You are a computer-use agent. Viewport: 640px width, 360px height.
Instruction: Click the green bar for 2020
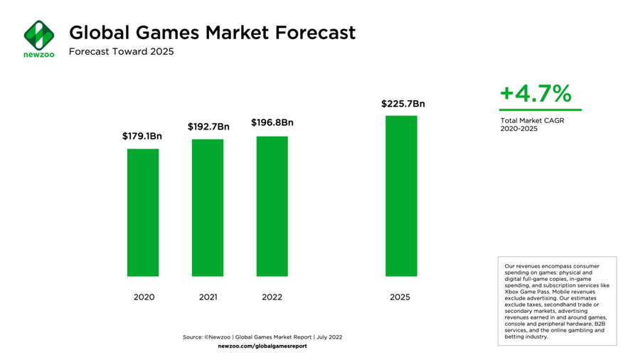pyautogui.click(x=143, y=212)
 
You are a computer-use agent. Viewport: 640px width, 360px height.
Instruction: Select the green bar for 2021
pyautogui.click(x=208, y=207)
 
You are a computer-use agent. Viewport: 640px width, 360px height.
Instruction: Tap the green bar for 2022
pyautogui.click(x=272, y=206)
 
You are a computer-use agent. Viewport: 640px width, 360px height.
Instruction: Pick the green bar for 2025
pyautogui.click(x=401, y=196)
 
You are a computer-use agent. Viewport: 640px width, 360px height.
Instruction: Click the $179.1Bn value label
pyautogui.click(x=143, y=136)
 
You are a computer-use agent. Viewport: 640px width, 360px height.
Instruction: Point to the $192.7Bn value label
pyautogui.click(x=208, y=127)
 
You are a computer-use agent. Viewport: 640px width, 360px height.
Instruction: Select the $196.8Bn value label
pyautogui.click(x=272, y=122)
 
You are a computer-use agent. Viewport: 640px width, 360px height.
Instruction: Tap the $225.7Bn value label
pyautogui.click(x=402, y=104)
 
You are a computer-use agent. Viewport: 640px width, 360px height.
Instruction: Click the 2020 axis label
pyautogui.click(x=143, y=297)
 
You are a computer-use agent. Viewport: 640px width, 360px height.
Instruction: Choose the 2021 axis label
pyautogui.click(x=208, y=297)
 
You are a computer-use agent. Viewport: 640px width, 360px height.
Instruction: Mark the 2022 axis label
pyautogui.click(x=272, y=297)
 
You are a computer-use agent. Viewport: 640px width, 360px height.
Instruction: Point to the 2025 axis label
pyautogui.click(x=400, y=297)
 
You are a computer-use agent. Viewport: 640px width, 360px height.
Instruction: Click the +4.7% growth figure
pyautogui.click(x=535, y=93)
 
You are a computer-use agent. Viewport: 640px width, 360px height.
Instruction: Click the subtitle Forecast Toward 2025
pyautogui.click(x=121, y=52)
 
